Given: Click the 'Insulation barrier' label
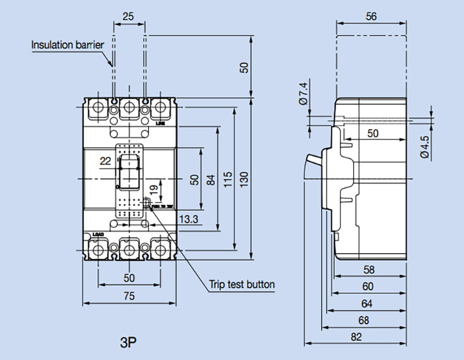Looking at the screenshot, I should point(67,44).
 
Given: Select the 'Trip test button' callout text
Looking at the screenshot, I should point(241,285).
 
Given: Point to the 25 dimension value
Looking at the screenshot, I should point(129,16).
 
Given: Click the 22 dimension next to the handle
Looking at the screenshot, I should point(105,161).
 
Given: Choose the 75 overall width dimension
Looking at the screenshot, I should point(129,296).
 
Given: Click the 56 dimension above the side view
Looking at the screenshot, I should point(371,16).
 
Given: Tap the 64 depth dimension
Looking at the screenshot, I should point(367,303).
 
